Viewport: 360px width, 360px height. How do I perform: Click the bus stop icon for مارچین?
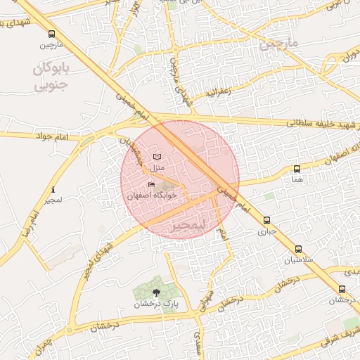coord(51,34)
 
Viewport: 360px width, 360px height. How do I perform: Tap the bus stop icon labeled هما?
coord(297,169)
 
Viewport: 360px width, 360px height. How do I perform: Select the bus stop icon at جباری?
coord(266,220)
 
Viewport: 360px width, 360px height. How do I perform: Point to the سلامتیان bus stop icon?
coord(299,249)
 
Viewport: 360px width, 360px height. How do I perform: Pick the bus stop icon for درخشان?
coord(342,289)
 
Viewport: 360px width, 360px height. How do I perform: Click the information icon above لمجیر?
coord(53,190)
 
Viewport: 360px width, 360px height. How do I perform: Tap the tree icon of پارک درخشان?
coord(156,292)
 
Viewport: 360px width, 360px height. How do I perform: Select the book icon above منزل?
coord(156,157)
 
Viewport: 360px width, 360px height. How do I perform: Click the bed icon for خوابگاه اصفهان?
coord(152,184)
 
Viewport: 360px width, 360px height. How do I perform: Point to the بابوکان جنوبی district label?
coord(53,77)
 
